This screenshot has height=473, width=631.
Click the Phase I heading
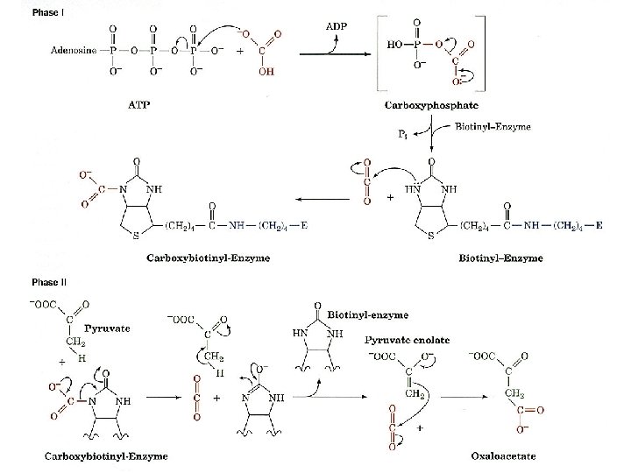[47, 11]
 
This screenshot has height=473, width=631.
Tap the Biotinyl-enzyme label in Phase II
[361, 313]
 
